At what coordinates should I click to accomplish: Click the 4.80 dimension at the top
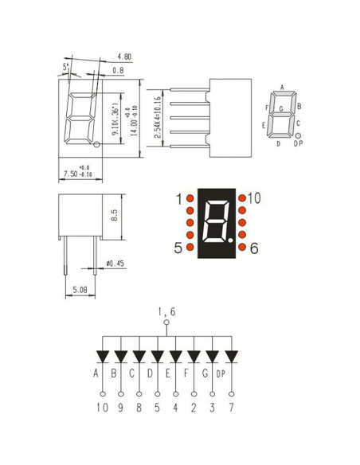(124, 57)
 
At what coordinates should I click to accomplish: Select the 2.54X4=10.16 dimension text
(158, 117)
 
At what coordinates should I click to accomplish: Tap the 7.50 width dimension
(75, 173)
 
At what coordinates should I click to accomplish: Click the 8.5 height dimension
(115, 215)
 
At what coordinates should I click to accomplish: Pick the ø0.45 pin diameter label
(115, 264)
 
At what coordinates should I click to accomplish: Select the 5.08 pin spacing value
(80, 290)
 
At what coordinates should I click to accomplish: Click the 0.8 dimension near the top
(118, 70)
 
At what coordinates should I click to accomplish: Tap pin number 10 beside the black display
(255, 198)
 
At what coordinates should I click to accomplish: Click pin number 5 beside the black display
(178, 248)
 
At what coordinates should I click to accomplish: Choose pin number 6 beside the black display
(254, 248)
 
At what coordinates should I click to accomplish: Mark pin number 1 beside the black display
(179, 198)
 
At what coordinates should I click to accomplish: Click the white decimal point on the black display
(231, 237)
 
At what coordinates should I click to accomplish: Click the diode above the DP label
(231, 355)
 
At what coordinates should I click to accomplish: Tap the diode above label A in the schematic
(103, 355)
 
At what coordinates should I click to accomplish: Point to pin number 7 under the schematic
(231, 407)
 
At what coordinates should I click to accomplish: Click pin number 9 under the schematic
(120, 407)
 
